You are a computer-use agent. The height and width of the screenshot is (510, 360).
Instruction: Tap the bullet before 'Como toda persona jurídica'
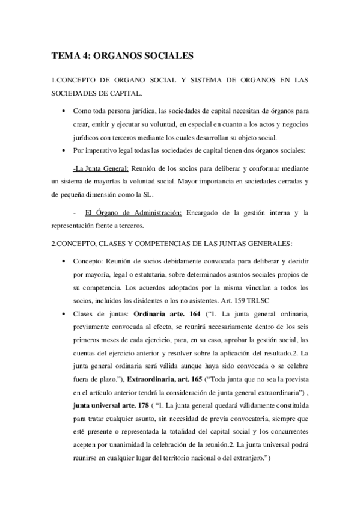point(64,112)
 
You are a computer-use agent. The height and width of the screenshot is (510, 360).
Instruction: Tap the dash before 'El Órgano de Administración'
point(74,212)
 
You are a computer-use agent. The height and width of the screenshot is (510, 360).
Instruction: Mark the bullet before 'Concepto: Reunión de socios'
point(64,262)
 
